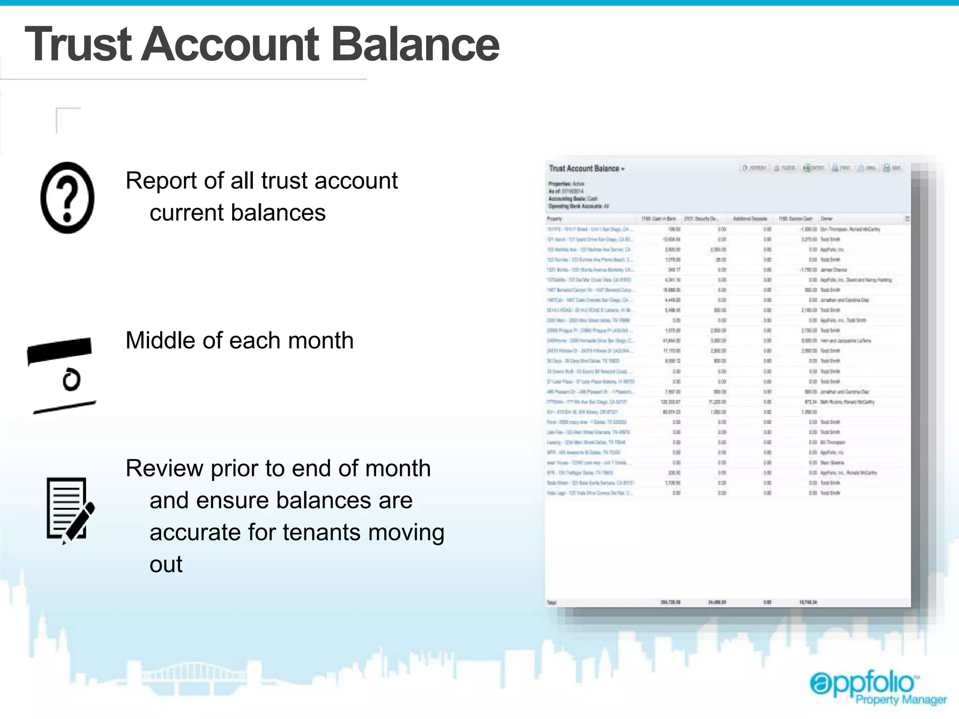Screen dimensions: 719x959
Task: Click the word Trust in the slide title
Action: pyautogui.click(x=78, y=44)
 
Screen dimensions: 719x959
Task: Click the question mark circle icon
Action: pyautogui.click(x=67, y=198)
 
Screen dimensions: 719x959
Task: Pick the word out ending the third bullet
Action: pyautogui.click(x=166, y=564)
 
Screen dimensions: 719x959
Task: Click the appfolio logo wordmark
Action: pyautogui.click(x=864, y=683)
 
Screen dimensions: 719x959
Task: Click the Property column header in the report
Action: pyautogui.click(x=554, y=219)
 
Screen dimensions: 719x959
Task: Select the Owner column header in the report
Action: pyautogui.click(x=826, y=219)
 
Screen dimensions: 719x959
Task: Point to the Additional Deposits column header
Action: pyautogui.click(x=750, y=219)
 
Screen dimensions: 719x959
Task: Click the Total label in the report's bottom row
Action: pyautogui.click(x=552, y=602)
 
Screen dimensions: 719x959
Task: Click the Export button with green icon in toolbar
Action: pyautogui.click(x=814, y=168)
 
